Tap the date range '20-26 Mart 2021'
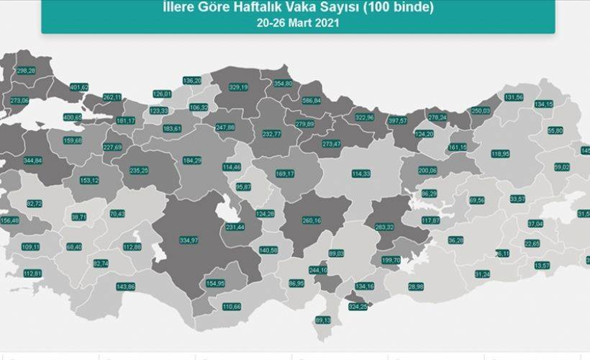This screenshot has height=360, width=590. [298, 22]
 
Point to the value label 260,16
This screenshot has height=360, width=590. [312, 221]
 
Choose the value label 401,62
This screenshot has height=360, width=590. [78, 87]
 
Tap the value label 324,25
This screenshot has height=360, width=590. [358, 307]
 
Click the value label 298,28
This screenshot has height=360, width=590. [26, 71]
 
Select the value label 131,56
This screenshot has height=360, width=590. [514, 97]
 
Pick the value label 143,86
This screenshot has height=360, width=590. [126, 287]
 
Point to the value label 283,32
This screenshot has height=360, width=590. [385, 227]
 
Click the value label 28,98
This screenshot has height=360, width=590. [416, 287]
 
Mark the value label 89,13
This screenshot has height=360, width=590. [323, 320]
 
